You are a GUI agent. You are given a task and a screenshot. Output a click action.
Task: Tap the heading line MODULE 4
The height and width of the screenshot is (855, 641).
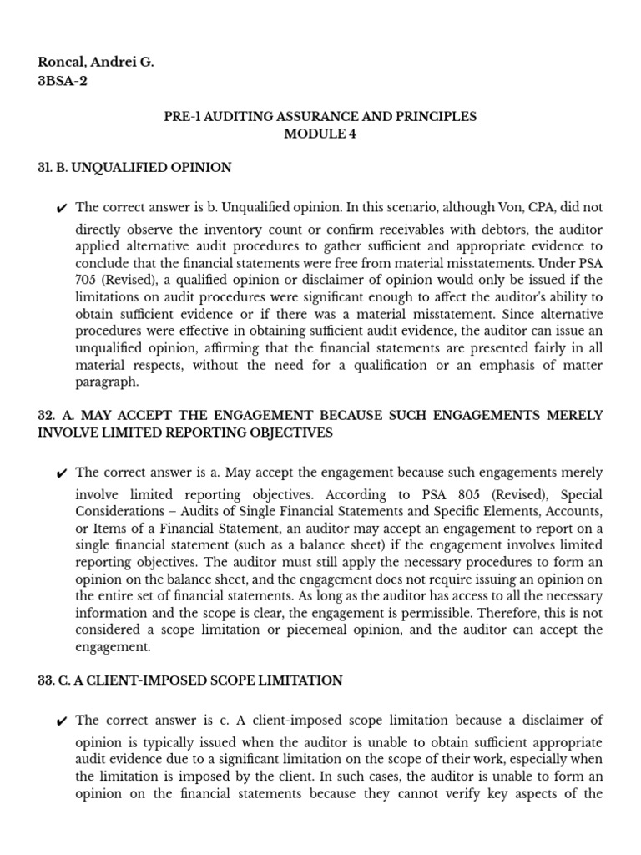pos(320,134)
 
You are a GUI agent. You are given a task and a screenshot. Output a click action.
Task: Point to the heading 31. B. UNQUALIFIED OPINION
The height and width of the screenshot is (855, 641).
pos(134,168)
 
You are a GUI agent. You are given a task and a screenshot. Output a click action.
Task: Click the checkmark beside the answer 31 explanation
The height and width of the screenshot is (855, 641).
pos(61,209)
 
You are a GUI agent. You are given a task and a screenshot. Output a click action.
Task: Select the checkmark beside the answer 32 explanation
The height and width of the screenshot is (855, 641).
pos(61,474)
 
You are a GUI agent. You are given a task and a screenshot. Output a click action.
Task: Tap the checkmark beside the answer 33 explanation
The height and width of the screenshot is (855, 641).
pos(61,721)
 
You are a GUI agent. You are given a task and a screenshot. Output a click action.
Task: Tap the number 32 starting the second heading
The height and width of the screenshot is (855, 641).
pos(46,415)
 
